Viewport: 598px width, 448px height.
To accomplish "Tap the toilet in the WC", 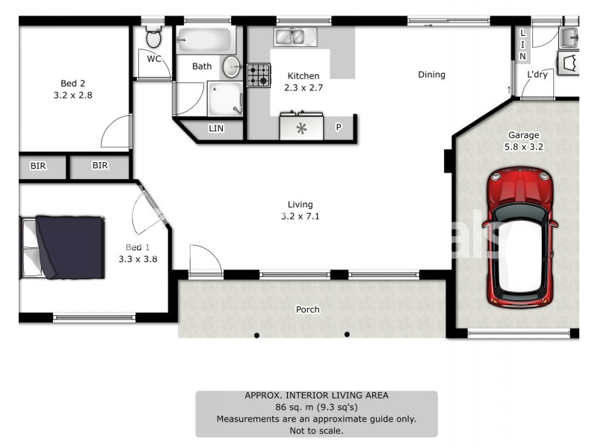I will pyautogui.click(x=154, y=37).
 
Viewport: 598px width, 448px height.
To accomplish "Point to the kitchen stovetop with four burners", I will pyautogui.click(x=259, y=75).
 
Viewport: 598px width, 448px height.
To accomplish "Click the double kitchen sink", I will pyautogui.click(x=295, y=36).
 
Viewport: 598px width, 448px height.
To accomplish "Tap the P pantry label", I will pyautogui.click(x=338, y=128).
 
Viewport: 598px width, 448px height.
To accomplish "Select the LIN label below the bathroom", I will pyautogui.click(x=216, y=128).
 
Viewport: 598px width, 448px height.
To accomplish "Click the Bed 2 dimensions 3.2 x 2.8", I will pyautogui.click(x=73, y=96).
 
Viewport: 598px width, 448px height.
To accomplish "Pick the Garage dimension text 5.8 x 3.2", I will pyautogui.click(x=523, y=147).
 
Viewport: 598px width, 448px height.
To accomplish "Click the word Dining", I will pyautogui.click(x=431, y=75).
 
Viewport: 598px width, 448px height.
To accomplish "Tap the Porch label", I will pyautogui.click(x=308, y=309).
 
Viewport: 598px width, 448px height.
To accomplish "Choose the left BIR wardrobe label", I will pyautogui.click(x=38, y=166).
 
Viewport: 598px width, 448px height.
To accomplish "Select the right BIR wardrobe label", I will pyautogui.click(x=100, y=166).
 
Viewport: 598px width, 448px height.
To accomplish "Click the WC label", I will pyautogui.click(x=154, y=59).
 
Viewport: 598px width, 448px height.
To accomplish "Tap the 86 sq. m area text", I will pyautogui.click(x=316, y=408).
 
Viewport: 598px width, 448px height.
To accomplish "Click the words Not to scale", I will pyautogui.click(x=316, y=431).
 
